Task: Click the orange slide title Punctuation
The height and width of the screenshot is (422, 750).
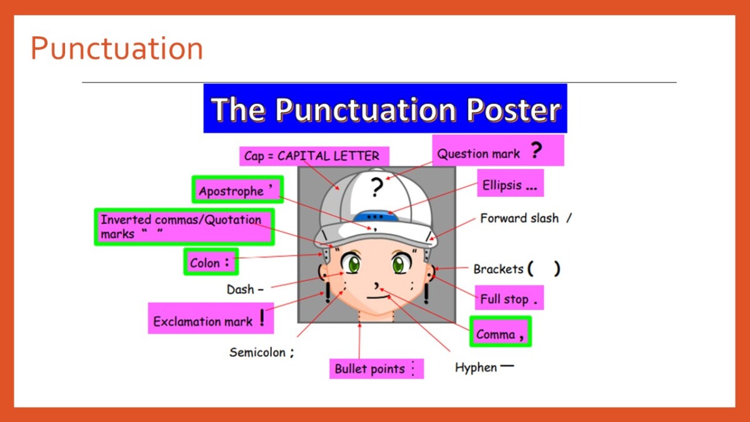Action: point(117,49)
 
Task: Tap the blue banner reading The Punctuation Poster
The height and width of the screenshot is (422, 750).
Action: point(385,108)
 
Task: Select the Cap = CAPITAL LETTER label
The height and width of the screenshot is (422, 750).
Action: point(314,156)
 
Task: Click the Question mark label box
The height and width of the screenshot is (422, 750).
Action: point(498,151)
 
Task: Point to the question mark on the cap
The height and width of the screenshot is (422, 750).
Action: point(377,186)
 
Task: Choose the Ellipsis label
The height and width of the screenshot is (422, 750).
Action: point(510,183)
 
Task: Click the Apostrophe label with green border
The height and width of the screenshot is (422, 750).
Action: point(237,189)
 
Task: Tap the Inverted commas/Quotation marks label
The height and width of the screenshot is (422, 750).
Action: point(184,227)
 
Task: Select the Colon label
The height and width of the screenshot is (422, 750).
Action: point(211,262)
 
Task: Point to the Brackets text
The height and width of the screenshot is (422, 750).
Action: point(517,269)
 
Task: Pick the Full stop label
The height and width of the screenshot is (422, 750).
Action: point(509,298)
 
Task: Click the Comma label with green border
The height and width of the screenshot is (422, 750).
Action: point(500,331)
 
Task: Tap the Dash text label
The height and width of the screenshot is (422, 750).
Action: point(245,289)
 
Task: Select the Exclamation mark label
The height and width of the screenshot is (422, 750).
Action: point(211,318)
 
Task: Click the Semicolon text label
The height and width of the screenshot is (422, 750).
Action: point(261,353)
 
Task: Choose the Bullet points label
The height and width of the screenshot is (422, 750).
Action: point(376,369)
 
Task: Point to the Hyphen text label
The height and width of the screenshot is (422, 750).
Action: point(484,368)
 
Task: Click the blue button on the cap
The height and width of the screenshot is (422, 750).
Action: point(376,216)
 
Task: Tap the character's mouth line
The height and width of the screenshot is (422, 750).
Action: point(378,297)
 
